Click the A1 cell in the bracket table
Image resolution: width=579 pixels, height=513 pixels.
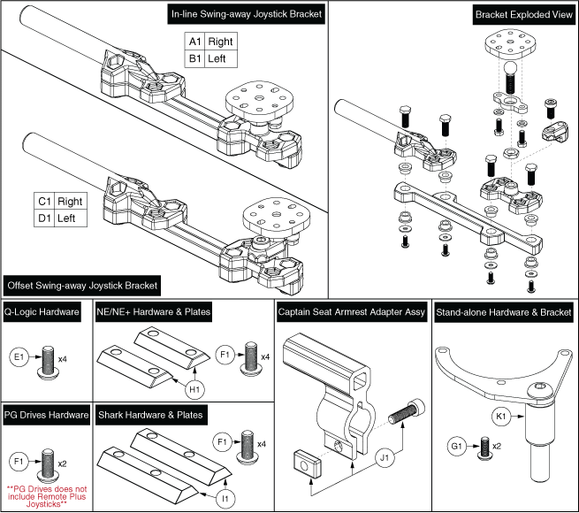click(x=194, y=42)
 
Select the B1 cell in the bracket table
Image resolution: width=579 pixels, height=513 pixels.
click(x=194, y=59)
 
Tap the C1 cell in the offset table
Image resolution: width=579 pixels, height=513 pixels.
click(x=44, y=200)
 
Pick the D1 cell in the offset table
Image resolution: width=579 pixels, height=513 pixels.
click(x=44, y=218)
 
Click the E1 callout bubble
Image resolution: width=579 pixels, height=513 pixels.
click(x=18, y=358)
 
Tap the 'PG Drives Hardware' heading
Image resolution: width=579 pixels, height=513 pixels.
click(x=46, y=413)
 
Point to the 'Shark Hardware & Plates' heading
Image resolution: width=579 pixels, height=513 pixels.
click(x=152, y=413)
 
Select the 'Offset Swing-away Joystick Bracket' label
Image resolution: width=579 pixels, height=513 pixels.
click(x=82, y=286)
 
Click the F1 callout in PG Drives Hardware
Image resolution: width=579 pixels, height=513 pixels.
click(x=18, y=460)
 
